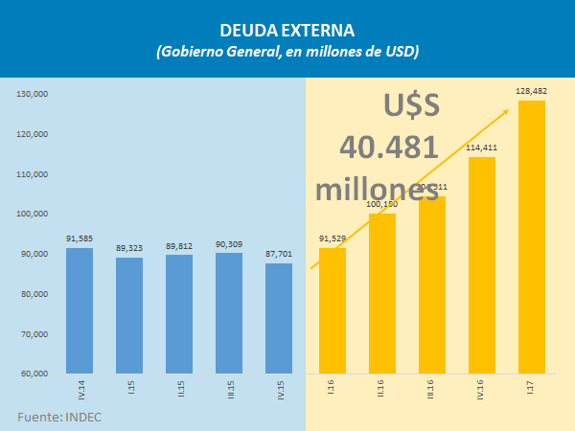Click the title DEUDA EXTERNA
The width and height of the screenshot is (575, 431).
tap(287, 29)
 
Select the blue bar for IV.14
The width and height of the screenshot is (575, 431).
tap(80, 310)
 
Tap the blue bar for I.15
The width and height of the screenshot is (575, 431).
tap(129, 315)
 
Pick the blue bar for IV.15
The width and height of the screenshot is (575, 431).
tap(279, 318)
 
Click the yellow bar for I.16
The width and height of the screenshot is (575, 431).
tap(333, 310)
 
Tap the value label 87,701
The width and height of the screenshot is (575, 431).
tap(279, 255)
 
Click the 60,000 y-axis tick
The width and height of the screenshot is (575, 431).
tap(35, 374)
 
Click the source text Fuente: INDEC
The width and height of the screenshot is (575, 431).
tap(59, 418)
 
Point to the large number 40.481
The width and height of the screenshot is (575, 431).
tap(389, 147)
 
